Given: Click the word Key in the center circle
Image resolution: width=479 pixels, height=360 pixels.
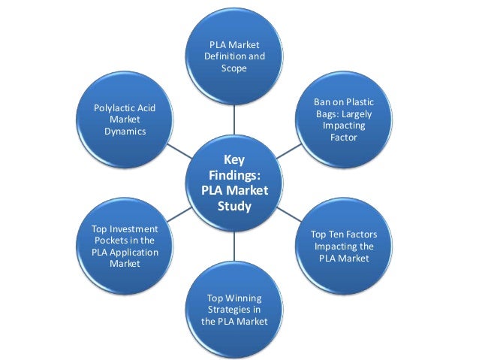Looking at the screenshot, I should point(233,159).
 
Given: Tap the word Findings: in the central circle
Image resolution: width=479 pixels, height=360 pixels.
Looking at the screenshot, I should point(233,174).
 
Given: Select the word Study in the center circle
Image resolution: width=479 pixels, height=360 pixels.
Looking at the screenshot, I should point(233,205).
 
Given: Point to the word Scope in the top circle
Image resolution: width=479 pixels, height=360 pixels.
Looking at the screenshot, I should point(233,68).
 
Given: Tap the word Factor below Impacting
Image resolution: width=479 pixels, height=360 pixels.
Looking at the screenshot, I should point(344,138).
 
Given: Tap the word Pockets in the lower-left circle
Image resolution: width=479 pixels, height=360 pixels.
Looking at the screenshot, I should point(109,241).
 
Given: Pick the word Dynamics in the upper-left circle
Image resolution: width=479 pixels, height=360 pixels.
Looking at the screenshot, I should point(125,132).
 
